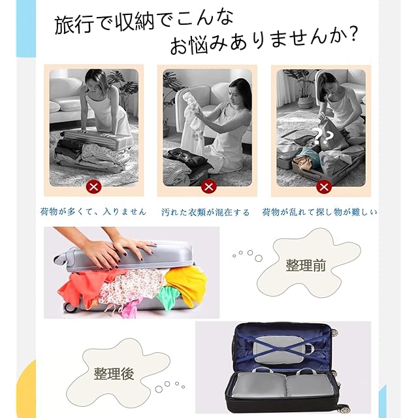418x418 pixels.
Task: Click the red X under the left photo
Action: (x=93, y=187)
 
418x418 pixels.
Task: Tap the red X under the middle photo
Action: (x=208, y=187)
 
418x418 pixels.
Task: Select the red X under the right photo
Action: (x=324, y=187)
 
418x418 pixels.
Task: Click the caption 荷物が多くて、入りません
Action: (x=93, y=212)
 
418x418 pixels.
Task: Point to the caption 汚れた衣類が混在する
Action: (x=205, y=212)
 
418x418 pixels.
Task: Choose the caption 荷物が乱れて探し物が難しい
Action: (x=319, y=212)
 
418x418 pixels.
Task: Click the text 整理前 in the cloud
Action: (x=306, y=266)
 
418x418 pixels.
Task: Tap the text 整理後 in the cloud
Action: (x=114, y=373)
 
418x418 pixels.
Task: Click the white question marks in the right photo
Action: (x=323, y=137)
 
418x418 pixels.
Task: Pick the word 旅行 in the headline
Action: (x=74, y=25)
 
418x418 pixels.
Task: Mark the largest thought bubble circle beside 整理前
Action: (x=259, y=258)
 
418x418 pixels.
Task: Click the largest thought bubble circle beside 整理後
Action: (x=159, y=389)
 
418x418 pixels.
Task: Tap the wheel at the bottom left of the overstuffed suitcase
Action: (x=71, y=308)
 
